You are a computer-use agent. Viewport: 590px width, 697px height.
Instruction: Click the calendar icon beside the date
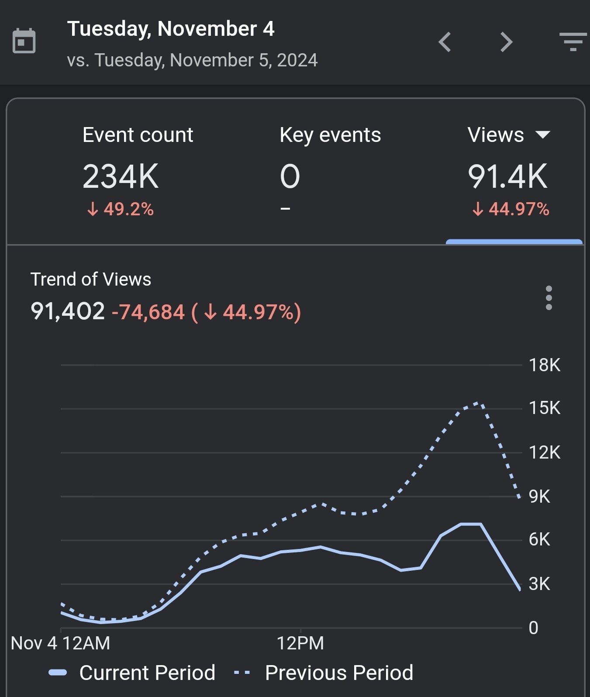[x=24, y=41]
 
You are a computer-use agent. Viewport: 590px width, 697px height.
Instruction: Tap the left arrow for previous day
[x=445, y=42]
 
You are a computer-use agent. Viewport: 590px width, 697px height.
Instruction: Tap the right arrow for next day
[x=506, y=42]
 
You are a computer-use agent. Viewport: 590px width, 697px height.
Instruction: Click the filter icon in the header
[x=573, y=42]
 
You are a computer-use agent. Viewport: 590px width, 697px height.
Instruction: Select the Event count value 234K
[x=121, y=176]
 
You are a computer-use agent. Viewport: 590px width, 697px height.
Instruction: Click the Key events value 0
[x=290, y=176]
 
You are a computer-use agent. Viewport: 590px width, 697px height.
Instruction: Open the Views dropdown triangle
[x=543, y=135]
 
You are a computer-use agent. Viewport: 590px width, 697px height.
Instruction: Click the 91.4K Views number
[x=507, y=176]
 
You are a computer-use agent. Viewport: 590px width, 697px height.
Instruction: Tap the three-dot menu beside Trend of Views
[x=549, y=298]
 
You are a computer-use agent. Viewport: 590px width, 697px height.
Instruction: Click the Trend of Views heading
[x=91, y=279]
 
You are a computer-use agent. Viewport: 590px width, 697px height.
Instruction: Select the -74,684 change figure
[x=148, y=312]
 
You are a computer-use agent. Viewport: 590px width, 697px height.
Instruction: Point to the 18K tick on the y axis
[x=544, y=365]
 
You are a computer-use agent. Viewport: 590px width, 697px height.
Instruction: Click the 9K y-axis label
[x=539, y=497]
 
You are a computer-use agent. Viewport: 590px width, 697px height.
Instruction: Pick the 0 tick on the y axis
[x=533, y=628]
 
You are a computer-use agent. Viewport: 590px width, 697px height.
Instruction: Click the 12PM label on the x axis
[x=300, y=643]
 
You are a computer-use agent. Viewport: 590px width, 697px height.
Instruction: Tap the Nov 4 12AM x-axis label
[x=61, y=643]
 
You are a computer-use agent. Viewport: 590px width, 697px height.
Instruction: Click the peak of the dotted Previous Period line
[x=476, y=403]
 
